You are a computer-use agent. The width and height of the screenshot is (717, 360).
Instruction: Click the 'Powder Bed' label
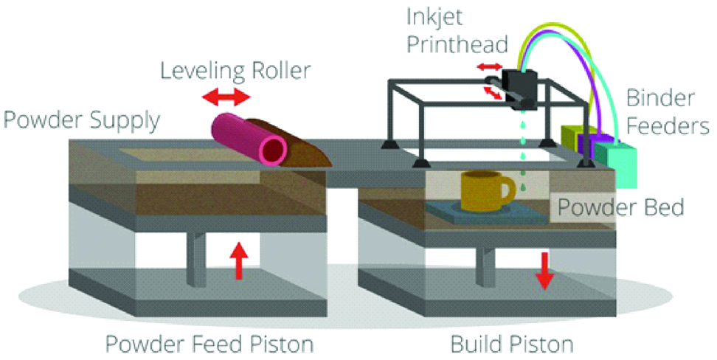tap(620, 207)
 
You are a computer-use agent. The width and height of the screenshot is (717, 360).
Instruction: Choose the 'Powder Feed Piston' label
tap(209, 343)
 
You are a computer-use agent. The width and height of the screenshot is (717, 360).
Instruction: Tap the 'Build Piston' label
tap(512, 343)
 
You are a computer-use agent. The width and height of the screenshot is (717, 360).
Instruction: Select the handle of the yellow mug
tap(508, 191)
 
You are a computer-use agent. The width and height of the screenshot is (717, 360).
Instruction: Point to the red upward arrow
tap(238, 263)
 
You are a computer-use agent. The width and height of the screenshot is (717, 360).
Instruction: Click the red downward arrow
tap(544, 271)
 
